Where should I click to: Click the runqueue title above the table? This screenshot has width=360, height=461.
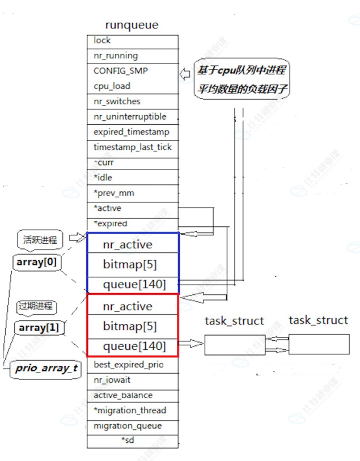point(132,25)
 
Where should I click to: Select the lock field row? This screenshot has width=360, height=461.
point(132,41)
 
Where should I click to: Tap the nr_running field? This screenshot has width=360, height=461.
point(132,56)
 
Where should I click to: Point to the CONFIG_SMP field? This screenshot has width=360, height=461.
point(132,71)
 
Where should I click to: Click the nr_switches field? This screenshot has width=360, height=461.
point(132,101)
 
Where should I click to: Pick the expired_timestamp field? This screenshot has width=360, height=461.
point(132,132)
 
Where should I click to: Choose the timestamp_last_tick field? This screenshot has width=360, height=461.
point(132,147)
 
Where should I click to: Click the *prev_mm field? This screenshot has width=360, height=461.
point(132,193)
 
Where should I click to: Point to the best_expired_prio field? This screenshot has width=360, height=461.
point(132,365)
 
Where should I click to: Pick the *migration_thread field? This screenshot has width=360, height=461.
point(132,411)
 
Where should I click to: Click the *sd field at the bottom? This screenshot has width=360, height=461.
point(132,441)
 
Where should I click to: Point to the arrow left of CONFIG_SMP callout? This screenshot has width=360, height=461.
point(185,74)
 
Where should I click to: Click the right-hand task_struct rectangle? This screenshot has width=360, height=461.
point(319,344)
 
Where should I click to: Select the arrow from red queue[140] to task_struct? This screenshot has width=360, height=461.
point(191,344)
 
